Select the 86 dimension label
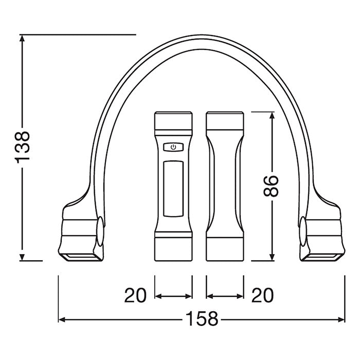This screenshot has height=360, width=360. click(x=272, y=186)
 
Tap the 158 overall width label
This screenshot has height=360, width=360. click(x=202, y=319)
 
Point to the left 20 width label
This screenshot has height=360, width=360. click(x=135, y=295)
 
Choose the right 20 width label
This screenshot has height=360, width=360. click(x=263, y=295)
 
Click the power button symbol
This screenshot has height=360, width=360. click(x=173, y=147)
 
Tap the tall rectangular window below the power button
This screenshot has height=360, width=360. click(x=173, y=189)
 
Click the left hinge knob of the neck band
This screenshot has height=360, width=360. click(x=100, y=231)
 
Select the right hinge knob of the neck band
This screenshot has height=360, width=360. click(x=303, y=231)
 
